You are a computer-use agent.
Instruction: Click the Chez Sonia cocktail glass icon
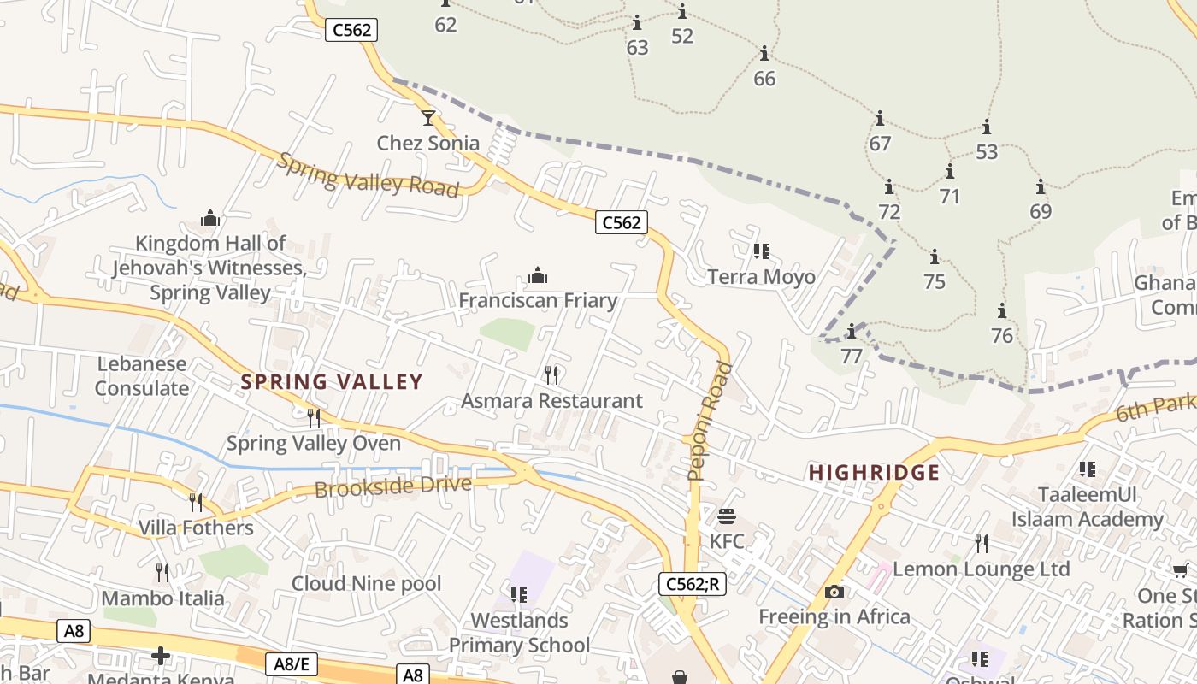[x=428, y=117]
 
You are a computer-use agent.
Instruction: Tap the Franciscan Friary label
[x=538, y=300]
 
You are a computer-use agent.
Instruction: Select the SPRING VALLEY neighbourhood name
[x=332, y=381]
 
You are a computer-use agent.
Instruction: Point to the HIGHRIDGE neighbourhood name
[x=874, y=472]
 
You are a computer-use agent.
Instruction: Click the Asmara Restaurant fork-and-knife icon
[x=551, y=374]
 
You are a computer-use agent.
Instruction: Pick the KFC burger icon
[x=727, y=516]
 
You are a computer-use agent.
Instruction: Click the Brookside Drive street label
[x=392, y=486]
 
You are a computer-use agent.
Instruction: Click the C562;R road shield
[x=692, y=584]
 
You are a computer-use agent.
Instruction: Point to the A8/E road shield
[x=291, y=664]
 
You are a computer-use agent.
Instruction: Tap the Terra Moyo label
[x=761, y=277]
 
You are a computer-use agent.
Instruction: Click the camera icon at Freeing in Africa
[x=834, y=592]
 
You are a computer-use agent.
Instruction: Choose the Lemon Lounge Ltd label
[x=981, y=569]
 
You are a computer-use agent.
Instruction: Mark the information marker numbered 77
[x=851, y=332]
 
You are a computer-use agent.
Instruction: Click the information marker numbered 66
[x=764, y=55]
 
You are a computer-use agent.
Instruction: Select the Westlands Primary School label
[x=519, y=633]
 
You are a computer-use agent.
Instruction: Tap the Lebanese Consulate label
[x=142, y=376]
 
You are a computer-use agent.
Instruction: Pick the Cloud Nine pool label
[x=366, y=583]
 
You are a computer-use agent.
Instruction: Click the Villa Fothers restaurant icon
[x=196, y=502]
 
